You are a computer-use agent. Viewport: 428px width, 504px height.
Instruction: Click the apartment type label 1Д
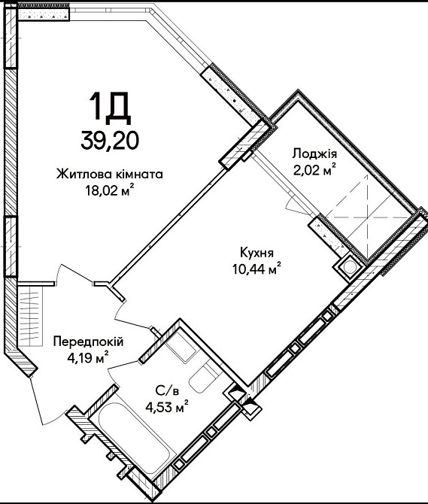110,108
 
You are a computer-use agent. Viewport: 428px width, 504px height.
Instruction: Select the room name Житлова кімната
110,175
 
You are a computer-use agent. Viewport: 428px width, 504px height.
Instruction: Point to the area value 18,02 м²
109,191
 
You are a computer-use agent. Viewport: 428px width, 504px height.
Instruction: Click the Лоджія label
314,154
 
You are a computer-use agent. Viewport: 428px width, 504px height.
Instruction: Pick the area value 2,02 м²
314,170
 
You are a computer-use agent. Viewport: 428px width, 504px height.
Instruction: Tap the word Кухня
256,253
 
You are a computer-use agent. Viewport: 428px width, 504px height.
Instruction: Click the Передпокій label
88,342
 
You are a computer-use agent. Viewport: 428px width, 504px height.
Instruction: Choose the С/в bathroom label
167,391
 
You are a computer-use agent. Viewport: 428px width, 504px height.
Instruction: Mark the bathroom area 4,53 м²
167,408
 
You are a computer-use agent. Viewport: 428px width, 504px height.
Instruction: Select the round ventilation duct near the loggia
348,267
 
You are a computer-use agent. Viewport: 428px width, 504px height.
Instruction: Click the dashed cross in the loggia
366,217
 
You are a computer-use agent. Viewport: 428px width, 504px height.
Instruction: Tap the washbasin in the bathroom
181,346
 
